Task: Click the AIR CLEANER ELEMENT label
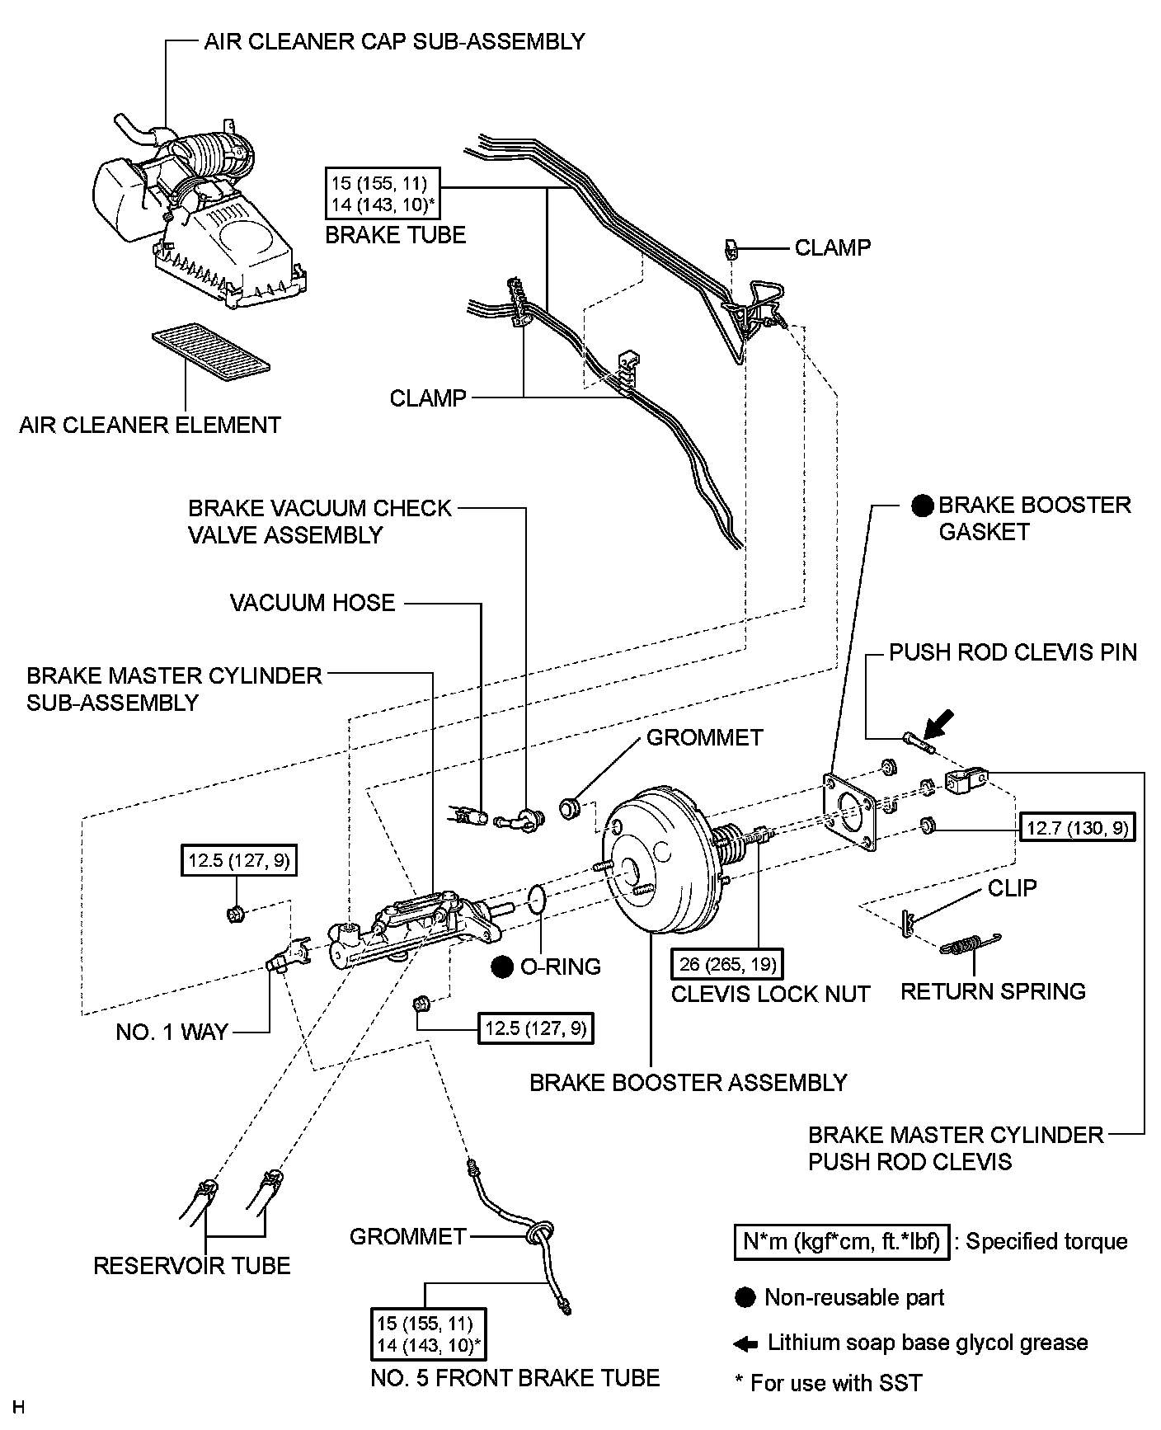click(150, 426)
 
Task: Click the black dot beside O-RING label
click(502, 967)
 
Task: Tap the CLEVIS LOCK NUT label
click(770, 995)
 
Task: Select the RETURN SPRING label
click(993, 991)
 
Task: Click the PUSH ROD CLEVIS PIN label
click(1013, 653)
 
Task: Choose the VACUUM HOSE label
click(313, 603)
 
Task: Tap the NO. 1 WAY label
click(172, 1033)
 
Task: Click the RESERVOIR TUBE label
click(192, 1266)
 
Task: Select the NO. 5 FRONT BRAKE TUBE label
click(515, 1378)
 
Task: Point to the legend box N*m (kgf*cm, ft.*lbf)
click(841, 1241)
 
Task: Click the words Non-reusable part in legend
click(854, 1297)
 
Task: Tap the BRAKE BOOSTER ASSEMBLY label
click(689, 1083)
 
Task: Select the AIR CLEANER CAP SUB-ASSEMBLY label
click(394, 41)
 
